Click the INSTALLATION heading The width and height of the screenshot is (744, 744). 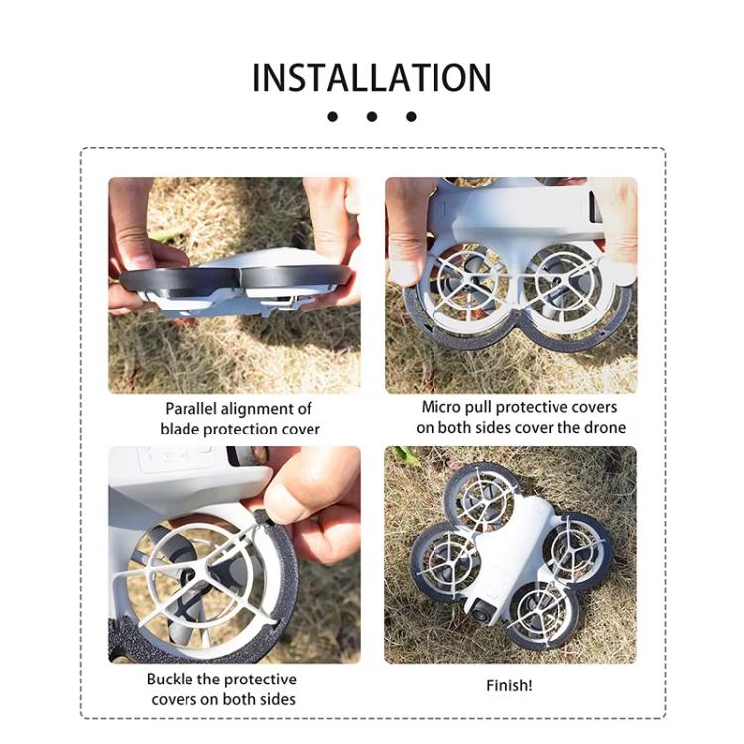(x=371, y=78)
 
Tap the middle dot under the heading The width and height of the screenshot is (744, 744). (x=372, y=117)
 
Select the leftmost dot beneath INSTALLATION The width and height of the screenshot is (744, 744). (x=332, y=117)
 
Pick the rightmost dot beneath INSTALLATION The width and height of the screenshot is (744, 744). (x=411, y=117)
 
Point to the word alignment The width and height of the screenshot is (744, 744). (x=256, y=409)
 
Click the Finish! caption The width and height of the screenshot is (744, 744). (x=509, y=685)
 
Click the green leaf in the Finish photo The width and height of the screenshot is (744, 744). (x=406, y=456)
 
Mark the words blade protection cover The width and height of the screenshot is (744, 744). (x=240, y=429)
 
